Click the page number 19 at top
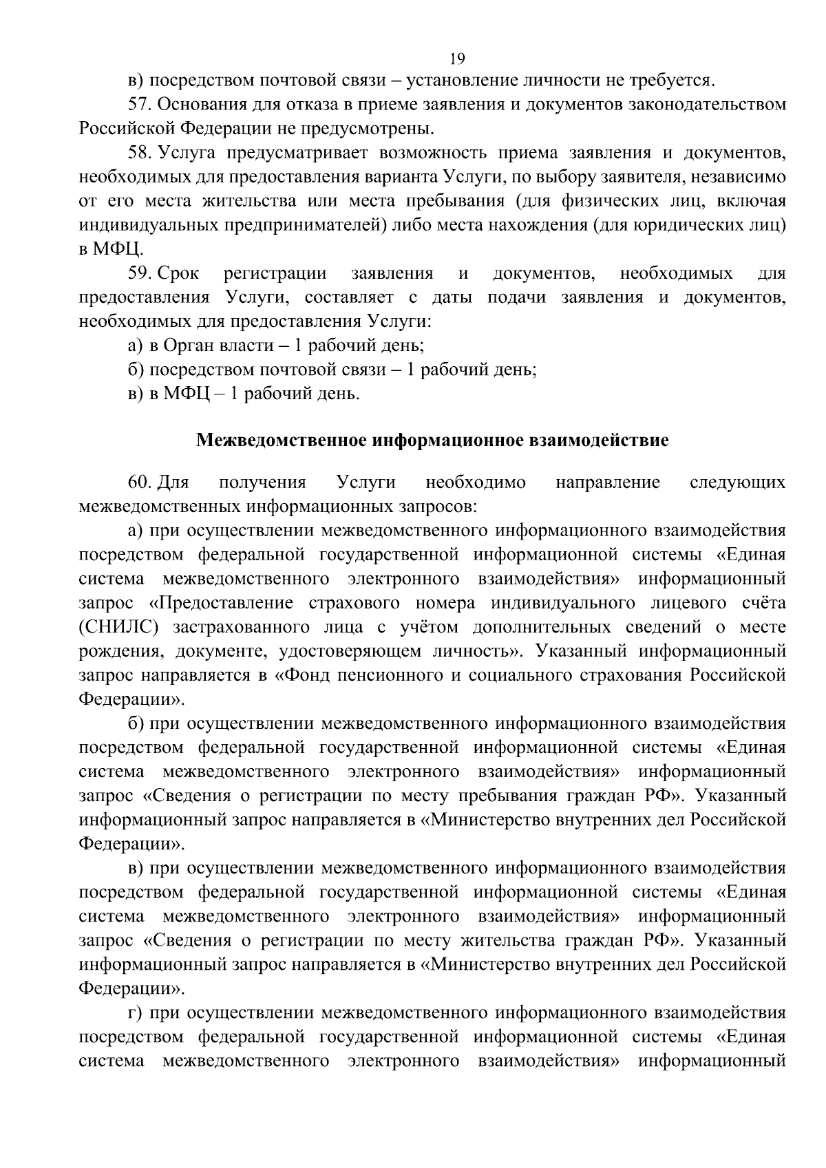pos(456,59)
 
